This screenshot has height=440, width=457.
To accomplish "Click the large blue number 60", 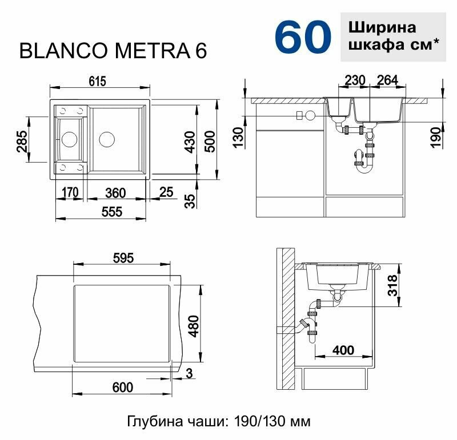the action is point(303,37).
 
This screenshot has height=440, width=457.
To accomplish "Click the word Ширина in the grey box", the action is point(382,27).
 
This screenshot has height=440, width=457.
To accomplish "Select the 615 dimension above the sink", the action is point(97,81).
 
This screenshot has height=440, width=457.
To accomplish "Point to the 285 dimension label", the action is point(22,141).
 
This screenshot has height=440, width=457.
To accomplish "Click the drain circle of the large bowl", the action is point(107,139).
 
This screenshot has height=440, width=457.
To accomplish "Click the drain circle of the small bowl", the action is point(69,139).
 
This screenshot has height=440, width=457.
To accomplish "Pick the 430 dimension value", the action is point(191,142).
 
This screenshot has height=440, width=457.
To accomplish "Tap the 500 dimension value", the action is point(210,142).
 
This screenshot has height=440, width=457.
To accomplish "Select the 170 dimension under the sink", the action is point(70,192).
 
